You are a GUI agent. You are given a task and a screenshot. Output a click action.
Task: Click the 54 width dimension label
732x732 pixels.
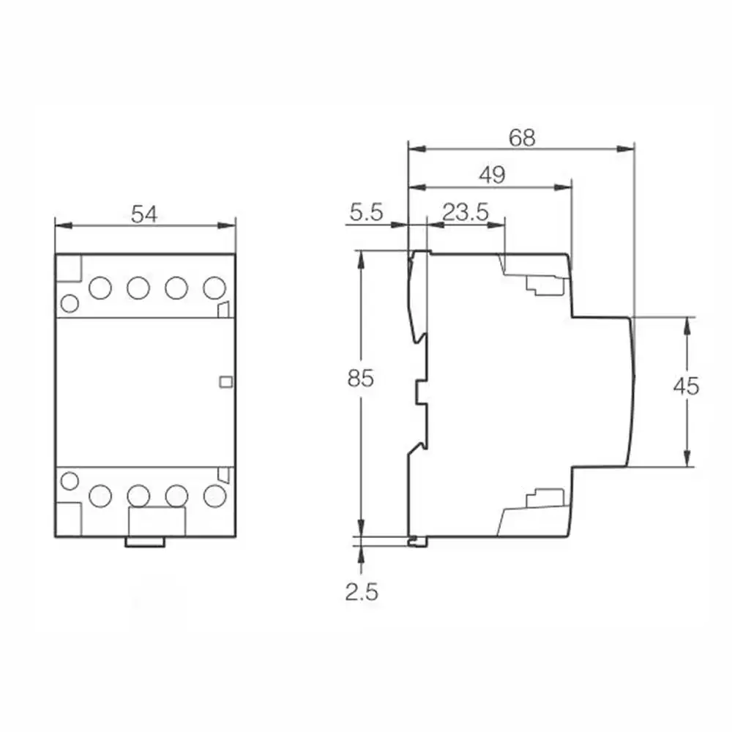point(144,214)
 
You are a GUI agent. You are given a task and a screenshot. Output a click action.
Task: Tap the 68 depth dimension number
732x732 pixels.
point(522,138)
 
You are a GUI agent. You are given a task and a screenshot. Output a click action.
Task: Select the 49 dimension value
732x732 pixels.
point(493,175)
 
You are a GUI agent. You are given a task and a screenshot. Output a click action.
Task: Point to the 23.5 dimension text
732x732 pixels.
point(466,212)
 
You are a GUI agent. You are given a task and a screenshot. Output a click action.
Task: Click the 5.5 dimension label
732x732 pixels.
point(367,212)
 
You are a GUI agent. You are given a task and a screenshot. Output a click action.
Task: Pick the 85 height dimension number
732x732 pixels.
point(360,378)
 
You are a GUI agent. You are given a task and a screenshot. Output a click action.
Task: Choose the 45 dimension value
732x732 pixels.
point(687,386)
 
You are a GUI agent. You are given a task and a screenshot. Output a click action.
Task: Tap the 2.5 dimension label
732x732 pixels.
point(362,592)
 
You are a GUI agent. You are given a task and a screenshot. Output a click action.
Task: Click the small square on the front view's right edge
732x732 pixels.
point(226,382)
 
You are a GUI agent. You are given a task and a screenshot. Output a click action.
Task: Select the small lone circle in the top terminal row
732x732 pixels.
point(70,304)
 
